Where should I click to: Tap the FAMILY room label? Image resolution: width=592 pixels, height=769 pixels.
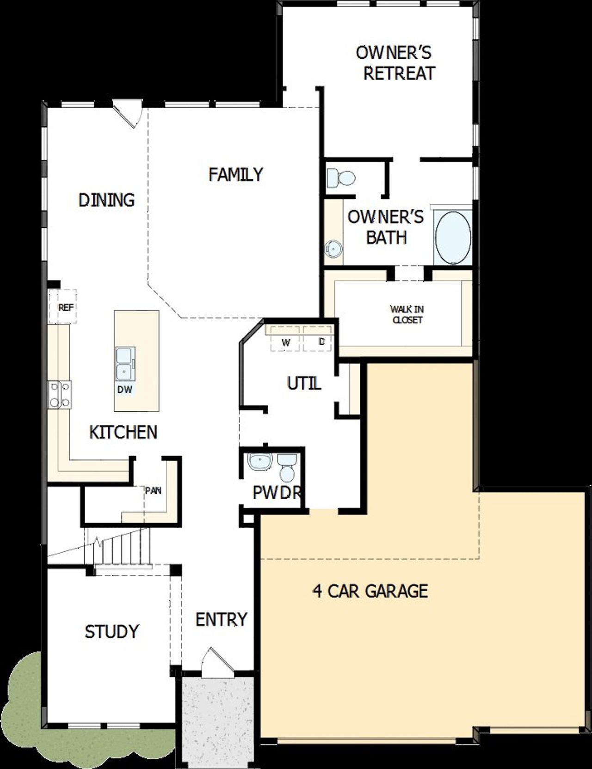[235, 175]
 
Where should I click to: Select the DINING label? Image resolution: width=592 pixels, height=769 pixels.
[106, 200]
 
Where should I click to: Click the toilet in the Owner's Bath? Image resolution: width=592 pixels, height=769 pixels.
[341, 177]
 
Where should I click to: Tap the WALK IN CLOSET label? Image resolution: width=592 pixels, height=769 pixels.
[407, 314]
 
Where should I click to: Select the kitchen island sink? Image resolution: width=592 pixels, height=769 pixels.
[125, 363]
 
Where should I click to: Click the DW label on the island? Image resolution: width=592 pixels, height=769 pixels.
[124, 390]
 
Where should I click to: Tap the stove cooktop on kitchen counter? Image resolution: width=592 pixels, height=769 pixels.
[60, 395]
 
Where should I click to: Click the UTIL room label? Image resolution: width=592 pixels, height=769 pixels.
[304, 384]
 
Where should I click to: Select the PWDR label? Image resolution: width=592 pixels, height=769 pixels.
[277, 493]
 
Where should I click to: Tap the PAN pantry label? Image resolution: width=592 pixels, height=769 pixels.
[153, 490]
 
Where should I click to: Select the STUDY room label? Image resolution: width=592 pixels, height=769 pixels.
[112, 631]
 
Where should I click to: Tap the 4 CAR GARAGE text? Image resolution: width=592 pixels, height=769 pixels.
[370, 591]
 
